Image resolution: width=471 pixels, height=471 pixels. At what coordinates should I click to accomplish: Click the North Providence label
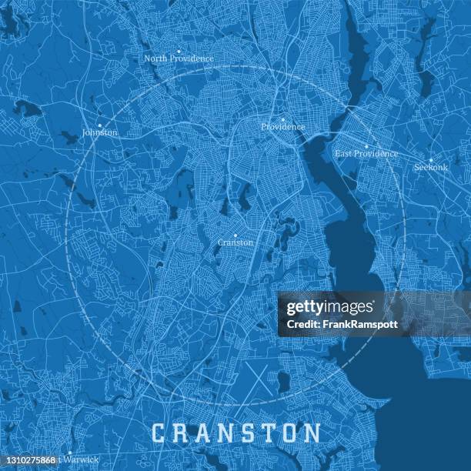pos(179,58)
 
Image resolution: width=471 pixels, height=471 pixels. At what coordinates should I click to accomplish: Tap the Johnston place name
pos(100,132)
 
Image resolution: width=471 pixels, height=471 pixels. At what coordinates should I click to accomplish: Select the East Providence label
pos(366,153)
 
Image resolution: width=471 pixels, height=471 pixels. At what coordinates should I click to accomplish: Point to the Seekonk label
pos(430,167)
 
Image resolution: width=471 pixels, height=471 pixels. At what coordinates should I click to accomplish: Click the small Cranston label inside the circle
pos(235,242)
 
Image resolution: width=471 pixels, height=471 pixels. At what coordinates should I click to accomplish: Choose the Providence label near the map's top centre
pos(282,127)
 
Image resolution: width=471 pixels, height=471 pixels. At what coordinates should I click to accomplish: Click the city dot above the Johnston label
pos(99,125)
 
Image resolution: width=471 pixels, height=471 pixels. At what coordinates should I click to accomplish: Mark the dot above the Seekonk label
pos(431,160)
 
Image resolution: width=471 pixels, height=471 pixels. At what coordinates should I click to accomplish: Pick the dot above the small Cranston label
pos(235,235)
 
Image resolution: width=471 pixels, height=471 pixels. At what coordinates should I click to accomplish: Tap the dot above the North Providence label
pos(179,52)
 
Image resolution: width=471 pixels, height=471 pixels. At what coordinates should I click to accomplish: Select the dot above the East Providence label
pos(366,146)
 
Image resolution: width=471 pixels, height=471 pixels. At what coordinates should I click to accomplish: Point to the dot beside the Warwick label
pos(68,453)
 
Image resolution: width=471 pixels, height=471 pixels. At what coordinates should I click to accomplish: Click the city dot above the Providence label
pos(283,119)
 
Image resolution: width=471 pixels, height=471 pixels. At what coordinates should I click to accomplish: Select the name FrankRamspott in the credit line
pos(365,324)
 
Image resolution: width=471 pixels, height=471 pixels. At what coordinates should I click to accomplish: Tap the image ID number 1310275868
pos(29,460)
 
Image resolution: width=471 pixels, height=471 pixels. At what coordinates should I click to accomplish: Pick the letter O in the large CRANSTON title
pos(284,433)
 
